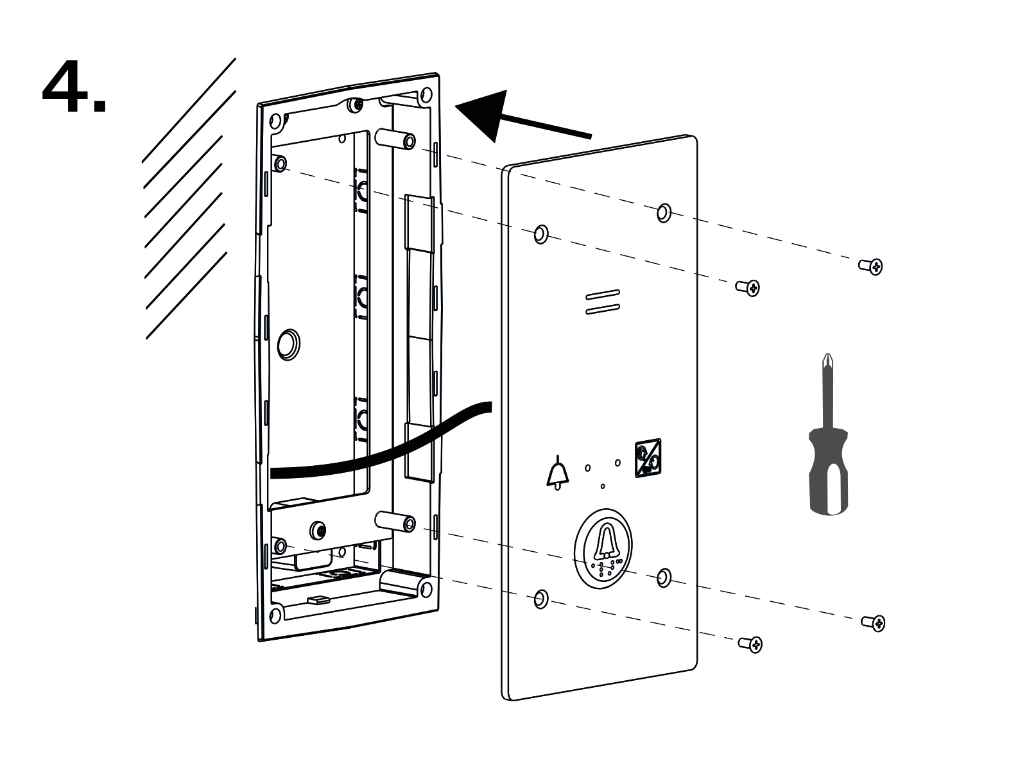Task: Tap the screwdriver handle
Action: click(828, 472)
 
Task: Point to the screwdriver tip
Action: click(826, 359)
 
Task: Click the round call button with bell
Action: click(603, 549)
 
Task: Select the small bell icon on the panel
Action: click(557, 473)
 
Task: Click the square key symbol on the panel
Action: click(648, 458)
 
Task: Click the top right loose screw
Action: click(872, 265)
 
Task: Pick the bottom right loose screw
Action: click(874, 622)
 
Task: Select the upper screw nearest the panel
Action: click(748, 287)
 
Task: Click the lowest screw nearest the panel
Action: click(750, 643)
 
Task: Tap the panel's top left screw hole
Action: click(541, 234)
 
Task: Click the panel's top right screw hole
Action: click(664, 212)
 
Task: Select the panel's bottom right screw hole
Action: click(664, 577)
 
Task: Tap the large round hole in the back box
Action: click(288, 344)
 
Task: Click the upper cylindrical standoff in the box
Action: click(395, 139)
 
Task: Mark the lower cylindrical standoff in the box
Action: click(395, 521)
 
